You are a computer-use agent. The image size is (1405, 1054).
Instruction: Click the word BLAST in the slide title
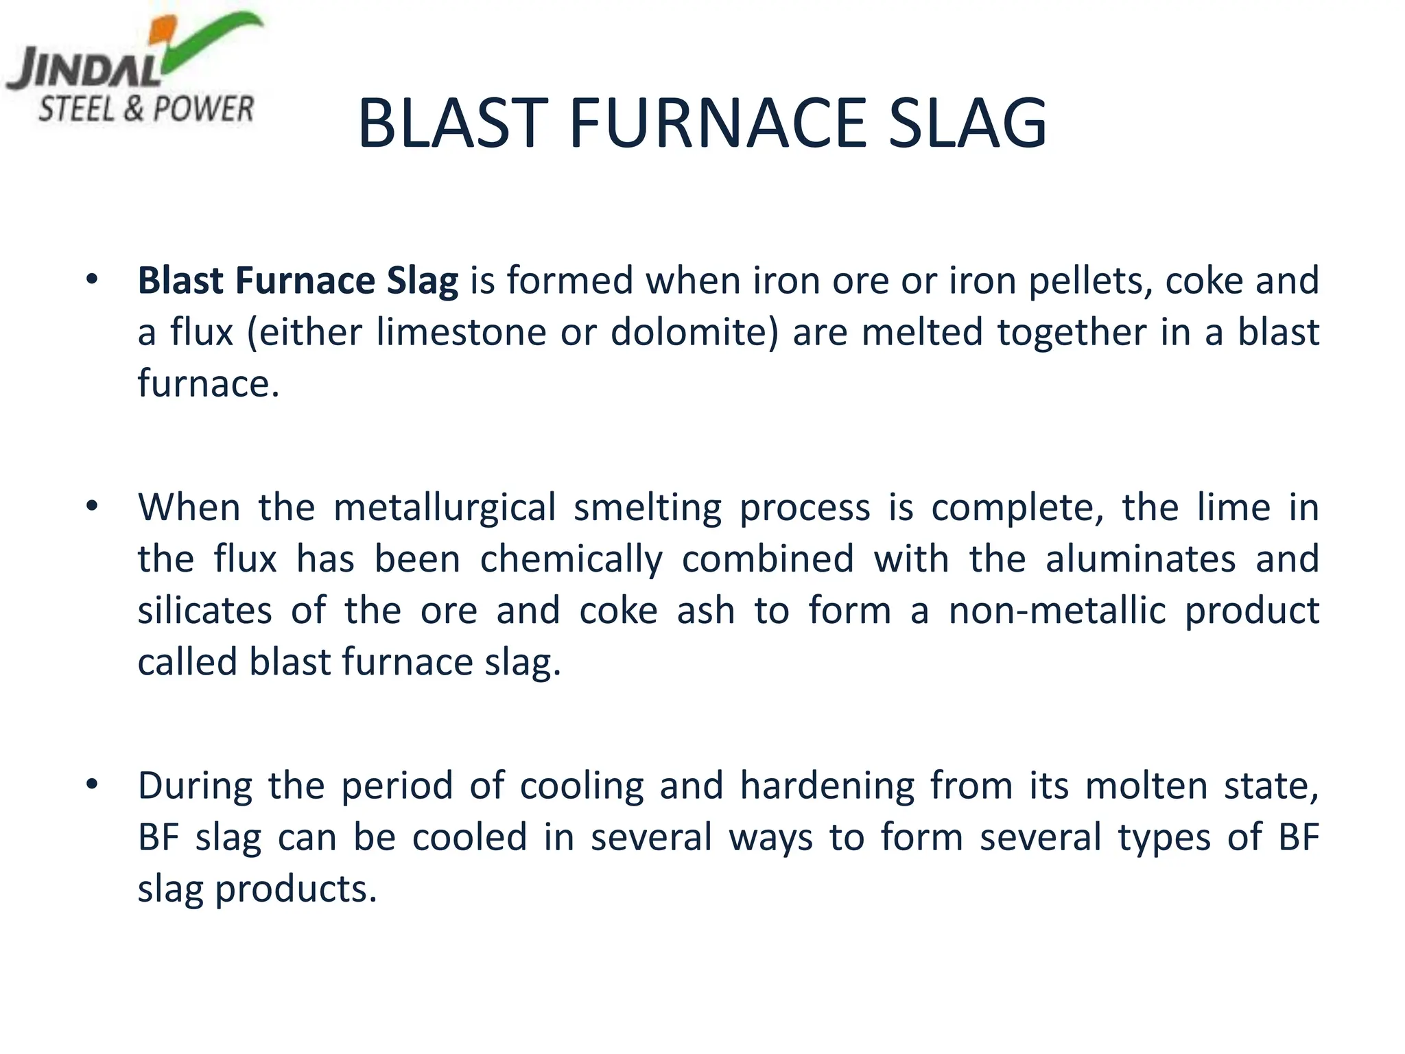(x=453, y=124)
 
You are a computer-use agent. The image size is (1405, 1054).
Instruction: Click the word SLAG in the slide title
(x=967, y=124)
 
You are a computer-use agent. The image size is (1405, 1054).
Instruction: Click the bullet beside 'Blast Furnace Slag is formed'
(x=92, y=280)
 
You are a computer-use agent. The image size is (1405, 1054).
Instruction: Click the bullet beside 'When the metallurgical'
(x=92, y=506)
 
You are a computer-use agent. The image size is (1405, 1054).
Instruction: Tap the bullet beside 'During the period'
(x=92, y=784)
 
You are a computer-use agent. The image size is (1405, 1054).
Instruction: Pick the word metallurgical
(x=444, y=508)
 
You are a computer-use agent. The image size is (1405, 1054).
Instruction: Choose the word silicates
(x=204, y=610)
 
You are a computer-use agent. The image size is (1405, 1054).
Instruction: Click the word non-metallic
(x=1057, y=610)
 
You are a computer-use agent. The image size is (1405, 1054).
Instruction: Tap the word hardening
(x=827, y=786)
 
